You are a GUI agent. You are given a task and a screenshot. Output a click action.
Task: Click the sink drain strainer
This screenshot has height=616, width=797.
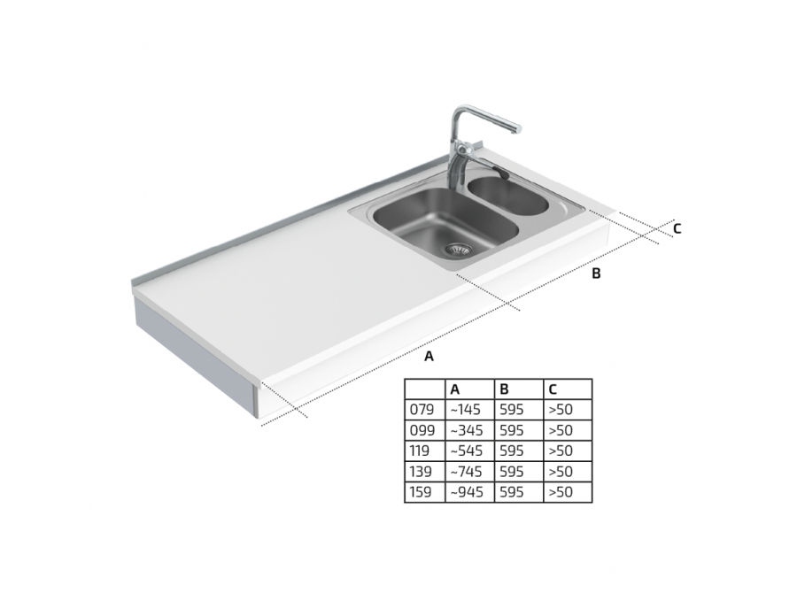459,249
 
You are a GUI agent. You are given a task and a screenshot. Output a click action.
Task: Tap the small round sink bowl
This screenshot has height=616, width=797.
507,195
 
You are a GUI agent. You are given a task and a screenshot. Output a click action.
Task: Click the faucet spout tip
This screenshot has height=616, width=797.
516,129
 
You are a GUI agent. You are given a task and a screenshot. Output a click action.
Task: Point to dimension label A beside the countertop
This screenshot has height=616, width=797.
429,357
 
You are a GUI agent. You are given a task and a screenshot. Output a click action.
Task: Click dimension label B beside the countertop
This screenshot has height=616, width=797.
596,273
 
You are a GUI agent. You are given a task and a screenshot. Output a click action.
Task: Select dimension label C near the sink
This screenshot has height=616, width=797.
677,229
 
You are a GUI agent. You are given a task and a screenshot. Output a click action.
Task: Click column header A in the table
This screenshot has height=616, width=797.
455,389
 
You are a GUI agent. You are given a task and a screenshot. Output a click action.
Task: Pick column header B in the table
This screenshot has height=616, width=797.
504,389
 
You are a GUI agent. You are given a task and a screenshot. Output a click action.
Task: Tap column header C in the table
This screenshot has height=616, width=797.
553,389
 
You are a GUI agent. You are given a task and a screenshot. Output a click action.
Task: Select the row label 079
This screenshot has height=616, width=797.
422,409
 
